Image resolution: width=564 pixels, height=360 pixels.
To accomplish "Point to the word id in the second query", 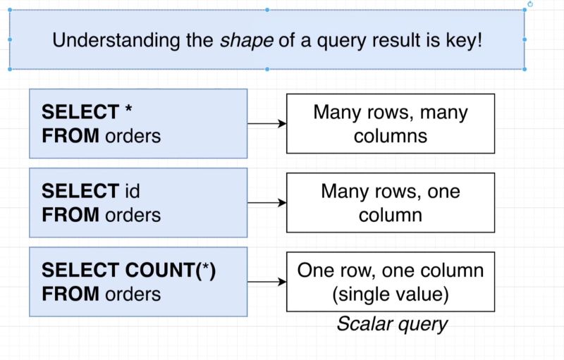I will (132, 191).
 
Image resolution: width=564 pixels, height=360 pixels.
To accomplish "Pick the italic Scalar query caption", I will (391, 324).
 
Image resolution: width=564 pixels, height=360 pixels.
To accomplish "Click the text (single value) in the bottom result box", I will (390, 294).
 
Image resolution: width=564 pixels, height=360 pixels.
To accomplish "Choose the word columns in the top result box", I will (390, 135).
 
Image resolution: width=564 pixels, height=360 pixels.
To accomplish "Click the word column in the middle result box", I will (390, 214).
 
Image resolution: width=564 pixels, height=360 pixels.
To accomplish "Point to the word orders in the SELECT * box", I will (133, 135).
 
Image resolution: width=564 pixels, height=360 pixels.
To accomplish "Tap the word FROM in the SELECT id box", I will (71, 214).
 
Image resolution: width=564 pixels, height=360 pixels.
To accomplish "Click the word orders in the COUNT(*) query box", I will (133, 293).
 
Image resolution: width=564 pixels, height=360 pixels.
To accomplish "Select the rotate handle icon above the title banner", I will (530, 4).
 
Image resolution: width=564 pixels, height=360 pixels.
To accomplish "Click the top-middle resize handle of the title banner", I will (267, 10).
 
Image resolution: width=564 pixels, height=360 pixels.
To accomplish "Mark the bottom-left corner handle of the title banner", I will (10, 69).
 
